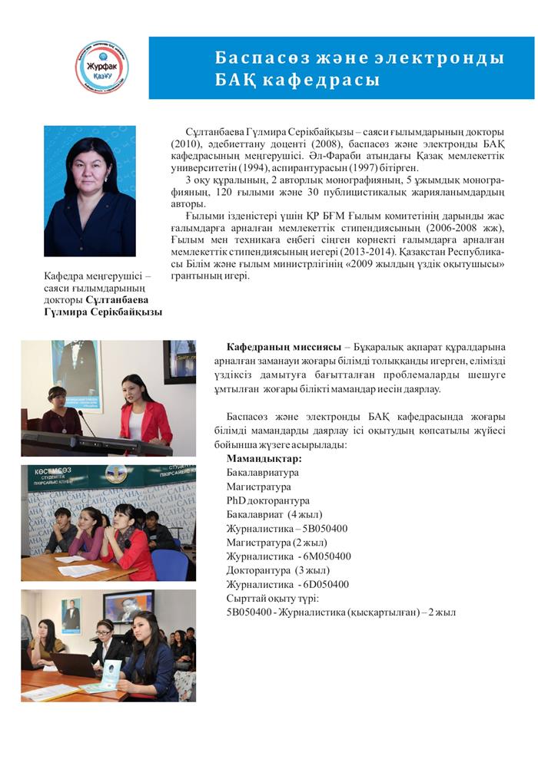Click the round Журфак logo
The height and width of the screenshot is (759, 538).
click(x=102, y=67)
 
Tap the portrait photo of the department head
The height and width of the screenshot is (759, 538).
click(x=90, y=191)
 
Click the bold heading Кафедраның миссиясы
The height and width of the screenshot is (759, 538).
click(x=281, y=346)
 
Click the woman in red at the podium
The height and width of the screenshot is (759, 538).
click(x=143, y=411)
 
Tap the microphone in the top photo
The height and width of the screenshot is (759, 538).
click(x=85, y=421)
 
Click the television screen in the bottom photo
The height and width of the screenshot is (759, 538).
click(x=128, y=606)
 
